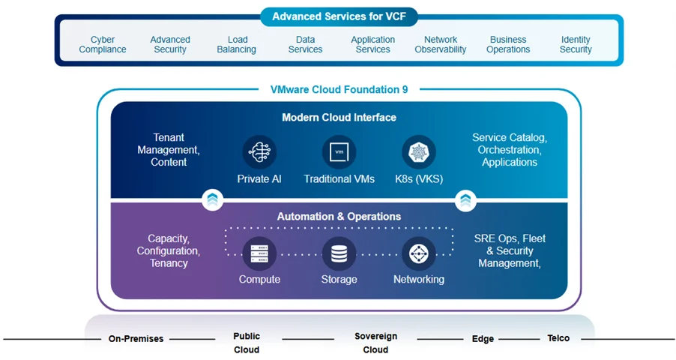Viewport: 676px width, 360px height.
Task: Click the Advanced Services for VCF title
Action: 339,16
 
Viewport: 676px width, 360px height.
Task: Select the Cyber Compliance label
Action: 103,45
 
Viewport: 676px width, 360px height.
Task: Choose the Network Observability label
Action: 441,45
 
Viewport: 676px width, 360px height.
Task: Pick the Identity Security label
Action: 576,45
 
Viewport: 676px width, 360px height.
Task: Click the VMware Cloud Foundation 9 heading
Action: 339,89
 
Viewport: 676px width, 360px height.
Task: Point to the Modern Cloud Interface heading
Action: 339,118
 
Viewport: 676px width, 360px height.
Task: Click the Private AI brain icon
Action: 259,152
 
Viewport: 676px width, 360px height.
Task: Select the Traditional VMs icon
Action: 339,152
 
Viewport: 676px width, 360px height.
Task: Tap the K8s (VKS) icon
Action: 419,152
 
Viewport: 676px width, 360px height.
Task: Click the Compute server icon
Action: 259,253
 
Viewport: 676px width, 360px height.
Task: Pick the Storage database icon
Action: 339,253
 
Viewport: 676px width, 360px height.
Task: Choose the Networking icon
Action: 419,253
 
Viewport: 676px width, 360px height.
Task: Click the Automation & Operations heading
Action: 339,217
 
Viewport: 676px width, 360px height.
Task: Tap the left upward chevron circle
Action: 212,199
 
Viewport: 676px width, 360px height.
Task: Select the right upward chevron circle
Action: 465,199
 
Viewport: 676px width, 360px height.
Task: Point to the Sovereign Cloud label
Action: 375,343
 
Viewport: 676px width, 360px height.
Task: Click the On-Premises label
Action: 136,339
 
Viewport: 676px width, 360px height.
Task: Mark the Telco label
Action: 558,339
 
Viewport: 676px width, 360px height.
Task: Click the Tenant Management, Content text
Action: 169,150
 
